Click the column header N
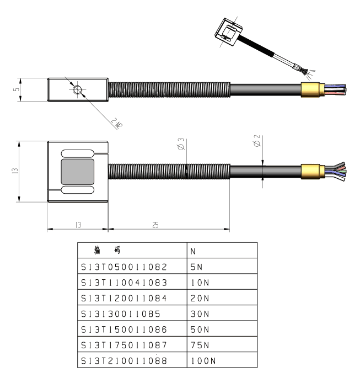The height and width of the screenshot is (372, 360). click(x=194, y=251)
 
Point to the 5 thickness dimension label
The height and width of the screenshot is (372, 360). click(x=16, y=89)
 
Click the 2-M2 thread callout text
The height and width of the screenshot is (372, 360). click(x=116, y=124)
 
